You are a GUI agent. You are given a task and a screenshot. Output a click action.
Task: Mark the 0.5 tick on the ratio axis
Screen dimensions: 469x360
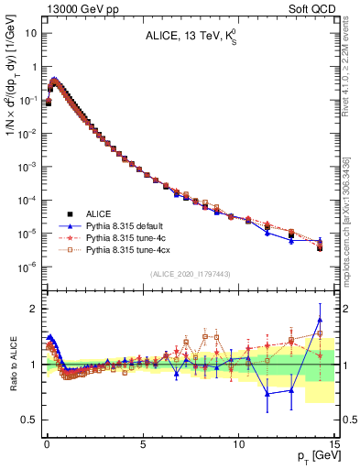click(29, 420)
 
